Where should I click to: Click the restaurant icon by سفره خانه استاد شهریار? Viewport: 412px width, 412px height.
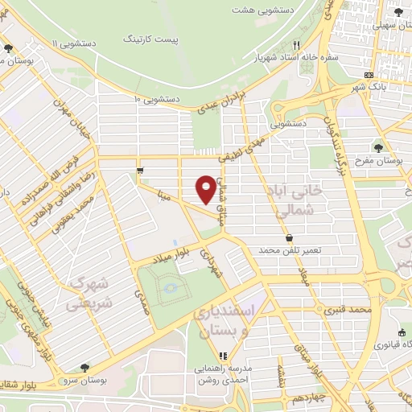click(x=298, y=45)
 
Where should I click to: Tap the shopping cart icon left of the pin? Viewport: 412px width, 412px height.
click(x=141, y=170)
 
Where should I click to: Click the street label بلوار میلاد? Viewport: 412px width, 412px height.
click(x=174, y=254)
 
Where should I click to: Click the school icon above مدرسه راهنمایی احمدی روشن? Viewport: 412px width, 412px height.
click(x=225, y=355)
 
